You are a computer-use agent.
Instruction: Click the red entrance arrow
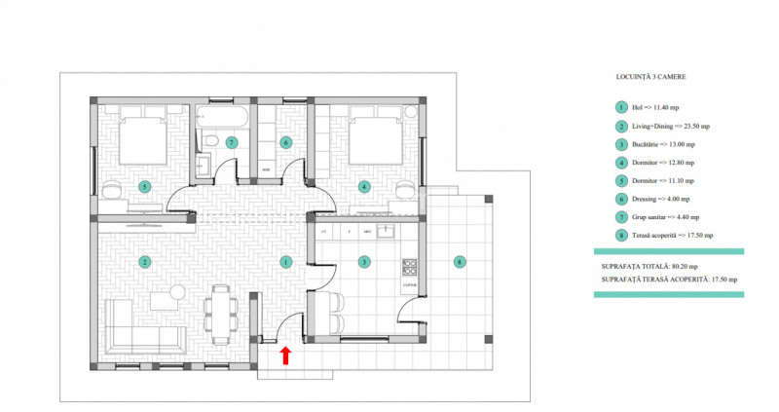[x=285, y=356]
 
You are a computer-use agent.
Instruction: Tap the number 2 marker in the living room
[x=144, y=261]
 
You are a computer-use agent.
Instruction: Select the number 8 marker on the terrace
[x=460, y=261]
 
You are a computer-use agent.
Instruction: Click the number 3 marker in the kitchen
[x=363, y=261]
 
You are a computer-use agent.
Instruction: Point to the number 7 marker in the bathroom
[x=231, y=142]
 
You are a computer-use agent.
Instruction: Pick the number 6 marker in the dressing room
[x=286, y=142]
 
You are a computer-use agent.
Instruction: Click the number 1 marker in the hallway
[x=285, y=261]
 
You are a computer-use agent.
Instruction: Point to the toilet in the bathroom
[x=208, y=142]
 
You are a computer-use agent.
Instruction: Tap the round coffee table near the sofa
[x=176, y=293]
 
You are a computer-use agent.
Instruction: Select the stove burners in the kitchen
[x=409, y=265]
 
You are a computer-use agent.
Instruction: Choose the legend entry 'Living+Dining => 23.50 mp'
[x=670, y=127]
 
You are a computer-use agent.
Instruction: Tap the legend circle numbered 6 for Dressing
[x=619, y=198]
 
